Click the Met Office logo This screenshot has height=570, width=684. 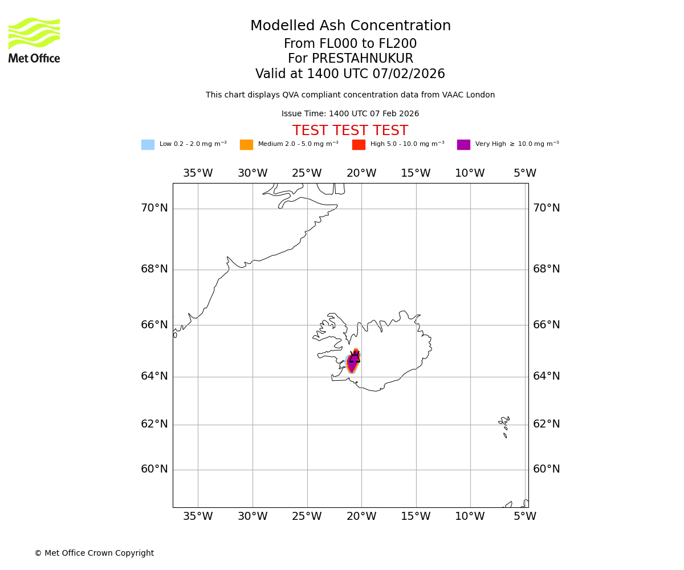coord(34,40)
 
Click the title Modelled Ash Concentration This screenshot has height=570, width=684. coord(351,26)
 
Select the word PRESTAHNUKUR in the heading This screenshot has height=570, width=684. coord(351,59)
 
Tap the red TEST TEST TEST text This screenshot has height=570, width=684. coord(350,131)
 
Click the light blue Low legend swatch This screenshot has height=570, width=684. coord(148,145)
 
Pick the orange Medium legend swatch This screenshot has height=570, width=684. coord(246,145)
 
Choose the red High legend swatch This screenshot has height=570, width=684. coord(359,145)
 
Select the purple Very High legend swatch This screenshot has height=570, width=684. coord(463,145)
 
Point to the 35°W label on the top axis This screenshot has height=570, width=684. coord(198,173)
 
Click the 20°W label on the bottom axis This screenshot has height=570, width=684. coord(361,516)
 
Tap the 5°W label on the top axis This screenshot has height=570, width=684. coord(524,173)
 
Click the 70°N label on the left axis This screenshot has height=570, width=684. coord(154,208)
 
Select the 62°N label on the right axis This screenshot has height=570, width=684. coord(546,424)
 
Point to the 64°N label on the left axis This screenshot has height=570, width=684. coord(154,376)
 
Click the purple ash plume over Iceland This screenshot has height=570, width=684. coord(352,364)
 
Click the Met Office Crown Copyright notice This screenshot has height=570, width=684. coord(94,553)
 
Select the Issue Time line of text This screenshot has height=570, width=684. coord(350,114)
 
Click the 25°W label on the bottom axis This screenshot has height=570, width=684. coord(307,516)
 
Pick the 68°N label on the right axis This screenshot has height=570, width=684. coord(546,269)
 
